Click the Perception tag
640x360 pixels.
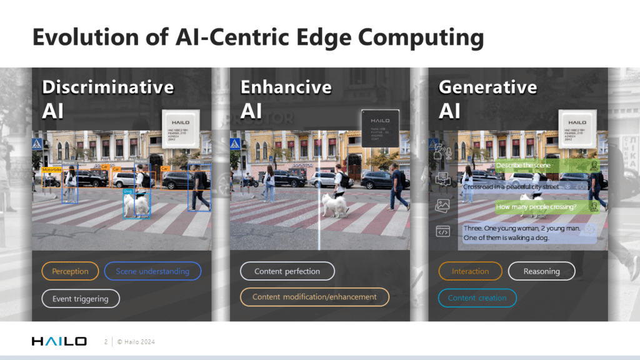click(x=70, y=271)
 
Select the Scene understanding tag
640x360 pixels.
click(x=152, y=271)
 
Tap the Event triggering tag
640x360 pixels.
click(x=80, y=299)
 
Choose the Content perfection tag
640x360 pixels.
click(x=287, y=271)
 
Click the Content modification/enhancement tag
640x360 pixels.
click(x=314, y=297)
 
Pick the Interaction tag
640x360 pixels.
click(x=470, y=271)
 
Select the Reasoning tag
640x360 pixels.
click(x=541, y=271)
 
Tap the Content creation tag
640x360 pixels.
click(x=477, y=298)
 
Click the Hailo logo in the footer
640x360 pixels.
click(x=59, y=341)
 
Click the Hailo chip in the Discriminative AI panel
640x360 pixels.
click(x=180, y=129)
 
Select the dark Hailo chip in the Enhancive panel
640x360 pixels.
click(x=380, y=129)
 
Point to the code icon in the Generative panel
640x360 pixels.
click(x=442, y=232)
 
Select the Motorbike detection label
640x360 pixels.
click(x=51, y=170)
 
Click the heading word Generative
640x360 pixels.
click(x=487, y=87)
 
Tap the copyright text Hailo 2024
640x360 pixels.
click(x=136, y=342)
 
